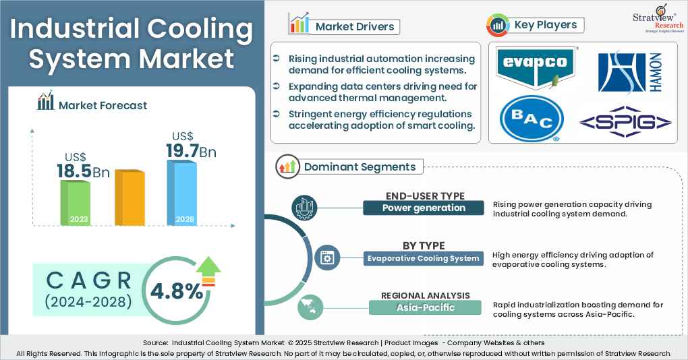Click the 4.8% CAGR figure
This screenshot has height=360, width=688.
pyautogui.click(x=176, y=291)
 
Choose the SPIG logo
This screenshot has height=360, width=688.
pyautogui.click(x=625, y=122)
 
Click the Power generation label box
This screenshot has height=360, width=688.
pyautogui.click(x=423, y=208)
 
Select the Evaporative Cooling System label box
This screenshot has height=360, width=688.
pyautogui.click(x=423, y=258)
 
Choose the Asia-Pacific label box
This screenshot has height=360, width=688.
pyautogui.click(x=425, y=307)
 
